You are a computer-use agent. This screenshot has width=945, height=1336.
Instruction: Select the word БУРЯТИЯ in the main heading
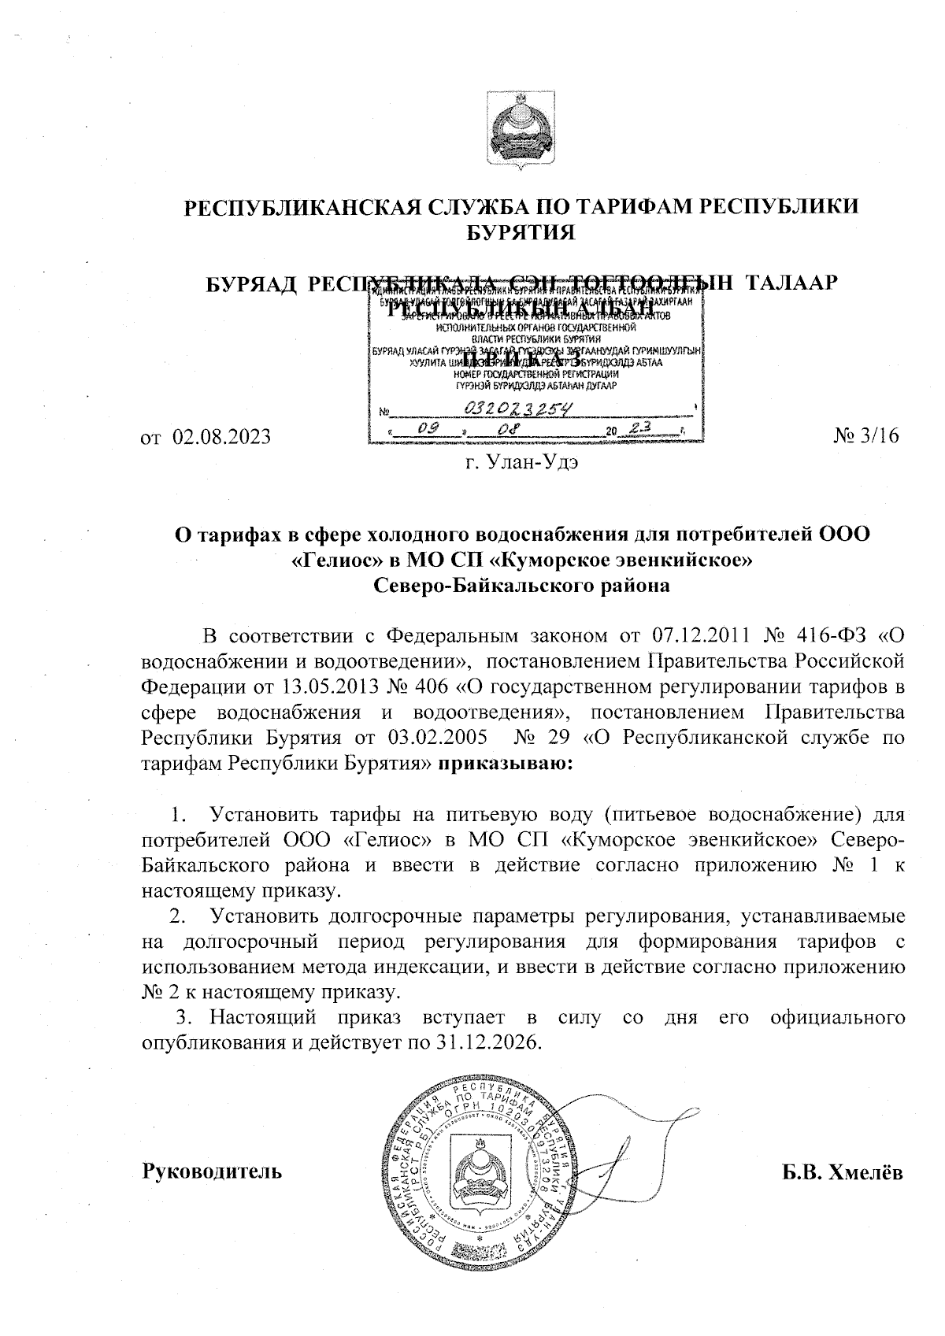[520, 232]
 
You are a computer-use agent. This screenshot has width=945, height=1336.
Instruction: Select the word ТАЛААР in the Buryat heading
[788, 283]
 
